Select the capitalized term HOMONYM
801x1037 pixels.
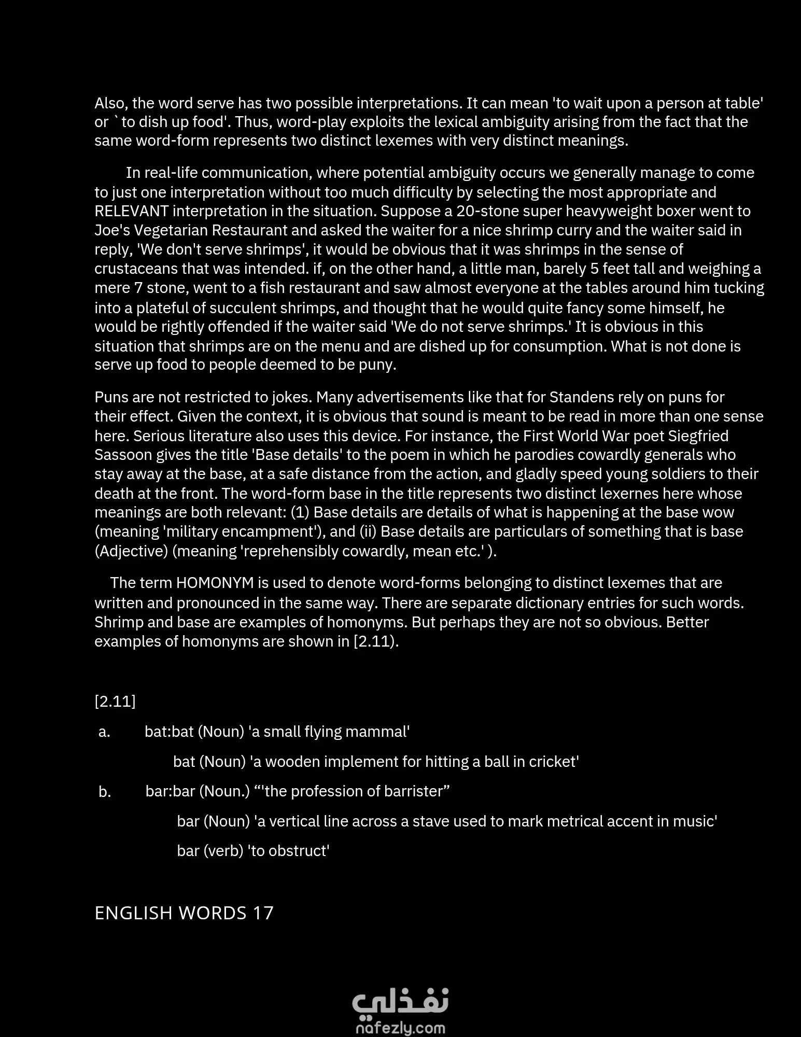click(215, 583)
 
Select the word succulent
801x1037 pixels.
click(242, 308)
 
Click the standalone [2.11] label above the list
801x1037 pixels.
click(115, 702)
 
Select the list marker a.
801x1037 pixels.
click(104, 732)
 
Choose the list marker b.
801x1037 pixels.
click(105, 792)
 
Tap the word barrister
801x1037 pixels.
click(413, 791)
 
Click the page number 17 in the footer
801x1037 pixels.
click(263, 913)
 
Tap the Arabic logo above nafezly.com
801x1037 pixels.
click(400, 1002)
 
